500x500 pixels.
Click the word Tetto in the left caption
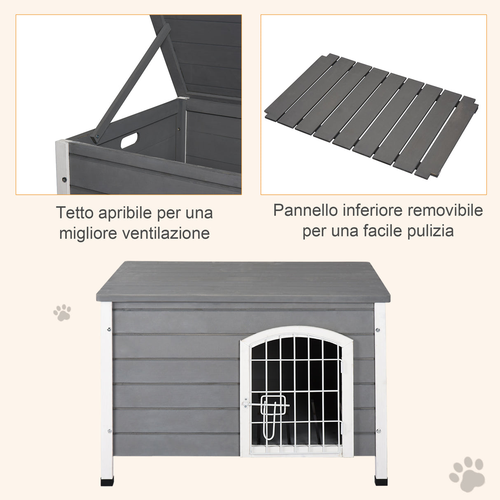click(75, 213)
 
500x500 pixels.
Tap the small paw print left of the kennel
click(62, 313)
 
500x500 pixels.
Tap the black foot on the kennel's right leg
click(381, 480)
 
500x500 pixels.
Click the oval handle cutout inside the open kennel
click(130, 139)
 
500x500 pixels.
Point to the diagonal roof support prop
click(132, 82)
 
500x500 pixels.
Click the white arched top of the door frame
click(297, 332)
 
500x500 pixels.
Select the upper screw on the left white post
click(109, 329)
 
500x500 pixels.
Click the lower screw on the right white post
click(378, 431)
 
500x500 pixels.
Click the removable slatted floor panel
click(371, 115)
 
